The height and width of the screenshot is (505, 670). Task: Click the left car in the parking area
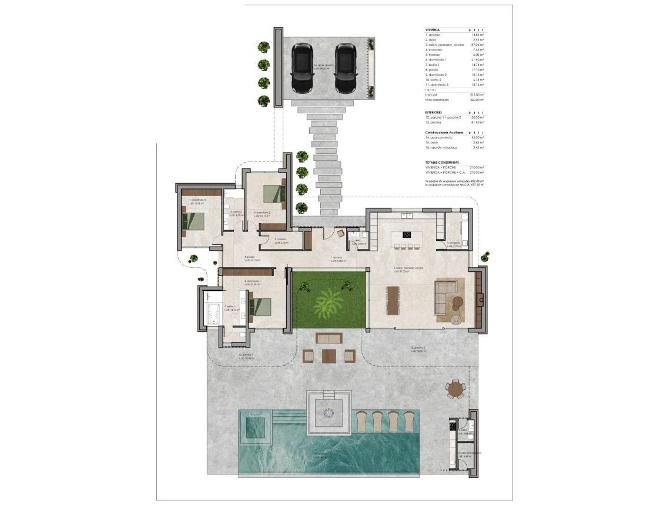coord(303,68)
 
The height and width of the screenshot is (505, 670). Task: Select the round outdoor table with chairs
coord(455,388)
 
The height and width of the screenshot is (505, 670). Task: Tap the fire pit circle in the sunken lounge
coord(328,412)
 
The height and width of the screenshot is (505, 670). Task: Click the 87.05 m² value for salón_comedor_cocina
coord(477,45)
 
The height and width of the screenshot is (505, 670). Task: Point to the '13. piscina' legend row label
coord(435,123)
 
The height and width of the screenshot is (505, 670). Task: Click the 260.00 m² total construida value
coord(477,100)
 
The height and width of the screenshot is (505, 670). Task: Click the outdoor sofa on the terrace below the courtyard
coord(329,338)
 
